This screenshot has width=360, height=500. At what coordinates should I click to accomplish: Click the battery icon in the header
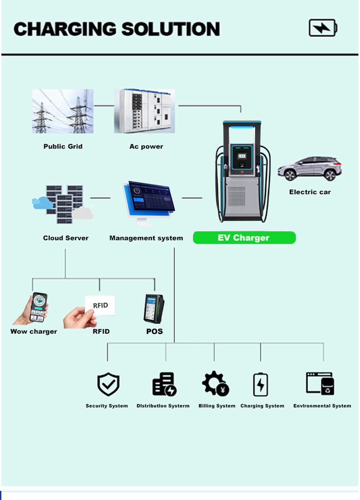point(323,28)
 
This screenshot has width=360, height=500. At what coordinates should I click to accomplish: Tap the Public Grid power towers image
point(62,111)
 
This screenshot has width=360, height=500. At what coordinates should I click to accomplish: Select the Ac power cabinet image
point(144,111)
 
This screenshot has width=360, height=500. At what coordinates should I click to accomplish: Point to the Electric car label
point(310,192)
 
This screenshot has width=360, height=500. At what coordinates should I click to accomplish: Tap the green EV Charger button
point(244,238)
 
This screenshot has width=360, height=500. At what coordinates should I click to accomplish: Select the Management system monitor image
point(149,202)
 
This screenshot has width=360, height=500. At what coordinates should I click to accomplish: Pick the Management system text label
point(146,238)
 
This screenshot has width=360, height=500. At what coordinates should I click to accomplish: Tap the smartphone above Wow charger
point(39,307)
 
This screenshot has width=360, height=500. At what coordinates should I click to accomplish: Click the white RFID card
point(100,305)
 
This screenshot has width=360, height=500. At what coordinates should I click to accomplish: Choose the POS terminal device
point(154,308)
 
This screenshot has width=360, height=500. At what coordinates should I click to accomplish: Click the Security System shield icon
point(108,385)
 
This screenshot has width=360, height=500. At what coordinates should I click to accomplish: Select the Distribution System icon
point(164,384)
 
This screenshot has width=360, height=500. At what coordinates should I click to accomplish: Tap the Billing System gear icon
point(216,383)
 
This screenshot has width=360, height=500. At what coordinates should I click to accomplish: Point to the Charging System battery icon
point(261,384)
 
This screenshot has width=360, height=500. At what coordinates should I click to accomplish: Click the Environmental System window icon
point(320,383)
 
